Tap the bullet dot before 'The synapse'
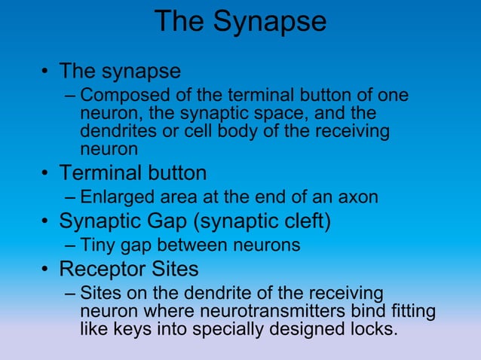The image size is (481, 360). click(x=46, y=73)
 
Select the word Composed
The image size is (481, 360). click(x=121, y=96)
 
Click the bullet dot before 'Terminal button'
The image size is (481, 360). click(x=46, y=175)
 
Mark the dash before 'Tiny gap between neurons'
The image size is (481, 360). click(x=70, y=246)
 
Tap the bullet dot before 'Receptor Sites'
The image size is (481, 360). click(x=46, y=270)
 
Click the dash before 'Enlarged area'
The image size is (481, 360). click(x=70, y=198)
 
